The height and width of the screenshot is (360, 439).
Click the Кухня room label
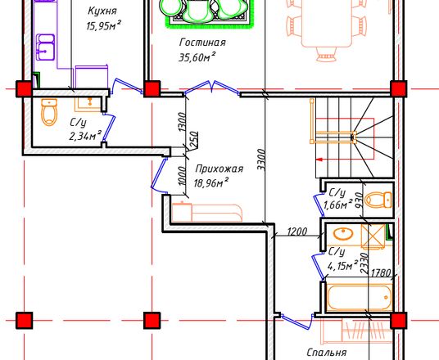tap(102, 11)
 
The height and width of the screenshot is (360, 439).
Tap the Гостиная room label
tap(202, 43)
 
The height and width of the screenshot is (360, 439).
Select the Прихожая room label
tap(219, 169)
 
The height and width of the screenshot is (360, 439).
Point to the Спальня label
tap(327, 352)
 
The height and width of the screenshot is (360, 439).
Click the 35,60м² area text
tap(197, 57)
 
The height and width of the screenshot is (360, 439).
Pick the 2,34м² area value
tap(85, 136)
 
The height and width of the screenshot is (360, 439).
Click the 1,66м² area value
tap(337, 205)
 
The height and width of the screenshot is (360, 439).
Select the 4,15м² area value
tap(342, 265)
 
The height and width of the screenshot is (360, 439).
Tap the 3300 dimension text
tap(260, 160)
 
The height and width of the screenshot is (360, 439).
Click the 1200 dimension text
tap(297, 232)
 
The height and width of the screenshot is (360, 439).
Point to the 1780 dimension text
tap(381, 272)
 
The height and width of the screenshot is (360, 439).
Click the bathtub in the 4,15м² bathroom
tap(360, 297)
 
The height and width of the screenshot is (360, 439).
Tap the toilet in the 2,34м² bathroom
tap(49, 112)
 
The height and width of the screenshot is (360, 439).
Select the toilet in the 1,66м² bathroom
tap(378, 200)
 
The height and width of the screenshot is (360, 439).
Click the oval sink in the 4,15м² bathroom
tap(343, 234)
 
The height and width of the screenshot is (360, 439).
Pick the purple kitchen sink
tap(46, 47)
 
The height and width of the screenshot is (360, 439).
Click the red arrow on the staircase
tap(319, 160)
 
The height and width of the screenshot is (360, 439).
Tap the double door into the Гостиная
tap(212, 88)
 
